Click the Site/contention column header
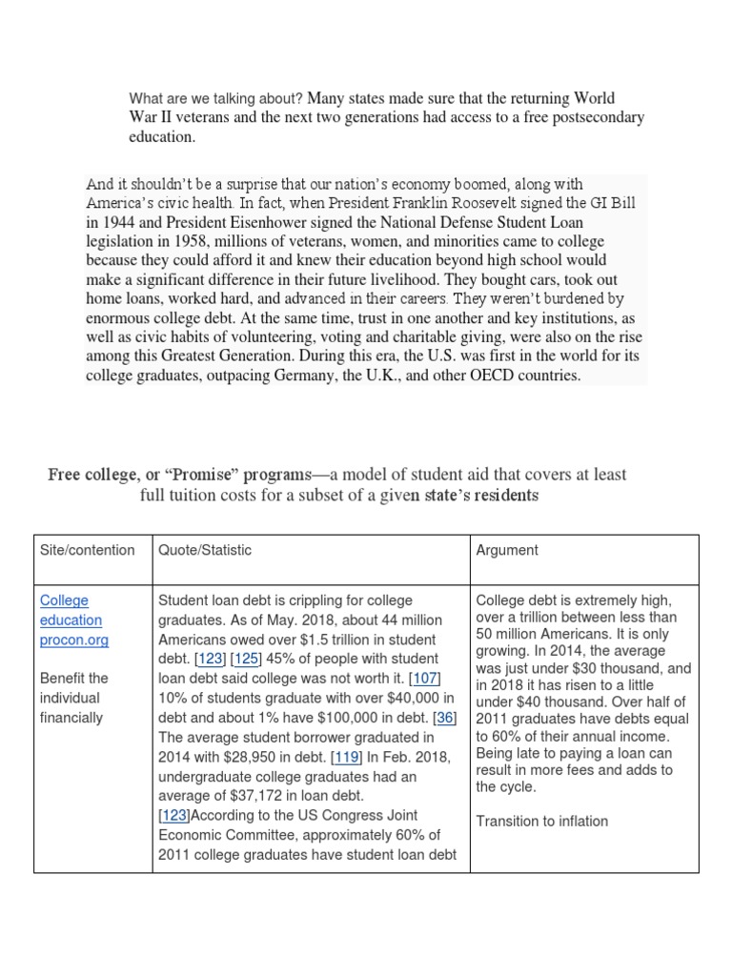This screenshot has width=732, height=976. (87, 550)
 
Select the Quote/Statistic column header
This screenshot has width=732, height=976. (204, 550)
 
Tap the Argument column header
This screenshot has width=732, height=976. (506, 550)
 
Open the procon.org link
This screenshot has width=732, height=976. (73, 640)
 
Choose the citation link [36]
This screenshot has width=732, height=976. (444, 718)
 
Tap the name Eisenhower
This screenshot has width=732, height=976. (278, 222)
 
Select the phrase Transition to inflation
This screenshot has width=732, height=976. (541, 822)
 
